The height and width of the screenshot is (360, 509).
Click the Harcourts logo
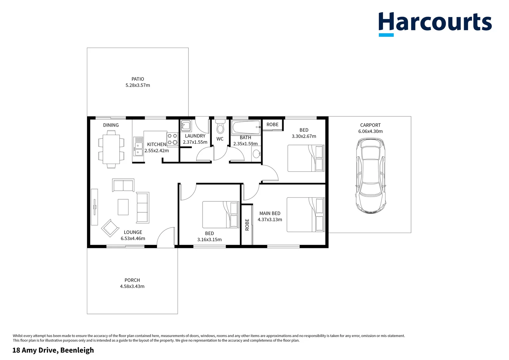(x=435, y=23)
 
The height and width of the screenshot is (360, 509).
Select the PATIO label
(x=138, y=79)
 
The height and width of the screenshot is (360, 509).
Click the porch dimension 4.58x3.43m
(x=132, y=286)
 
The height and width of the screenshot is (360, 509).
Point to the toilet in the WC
(x=220, y=127)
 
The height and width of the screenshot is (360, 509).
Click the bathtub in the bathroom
(x=246, y=127)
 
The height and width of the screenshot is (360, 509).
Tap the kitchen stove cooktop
(x=172, y=139)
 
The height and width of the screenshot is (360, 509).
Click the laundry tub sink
(x=186, y=126)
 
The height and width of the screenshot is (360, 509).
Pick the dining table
(x=111, y=149)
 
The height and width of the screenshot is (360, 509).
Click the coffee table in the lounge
(x=123, y=207)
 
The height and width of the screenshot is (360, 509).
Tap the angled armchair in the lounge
(x=110, y=228)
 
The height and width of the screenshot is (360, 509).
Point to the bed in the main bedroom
(x=305, y=215)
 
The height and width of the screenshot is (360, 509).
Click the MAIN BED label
(x=270, y=213)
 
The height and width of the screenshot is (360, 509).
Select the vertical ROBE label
(x=247, y=225)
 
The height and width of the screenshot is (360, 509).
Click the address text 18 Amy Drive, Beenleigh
(x=53, y=350)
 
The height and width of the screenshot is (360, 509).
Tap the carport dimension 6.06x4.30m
(x=370, y=131)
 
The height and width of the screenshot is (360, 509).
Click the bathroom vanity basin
(x=256, y=154)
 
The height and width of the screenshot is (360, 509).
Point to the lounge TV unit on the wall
(x=95, y=207)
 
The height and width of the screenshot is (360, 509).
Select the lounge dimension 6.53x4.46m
(x=133, y=238)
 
